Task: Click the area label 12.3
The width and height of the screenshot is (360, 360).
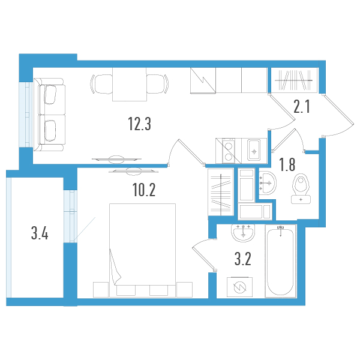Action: click(x=139, y=124)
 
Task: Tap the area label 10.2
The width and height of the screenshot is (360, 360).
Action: click(x=144, y=191)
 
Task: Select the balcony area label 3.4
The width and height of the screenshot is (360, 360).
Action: click(x=40, y=232)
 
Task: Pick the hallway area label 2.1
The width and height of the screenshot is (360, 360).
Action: click(x=301, y=107)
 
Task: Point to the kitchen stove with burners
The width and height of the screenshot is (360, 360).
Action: click(x=229, y=150)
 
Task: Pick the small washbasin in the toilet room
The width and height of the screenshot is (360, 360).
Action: click(x=267, y=182)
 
